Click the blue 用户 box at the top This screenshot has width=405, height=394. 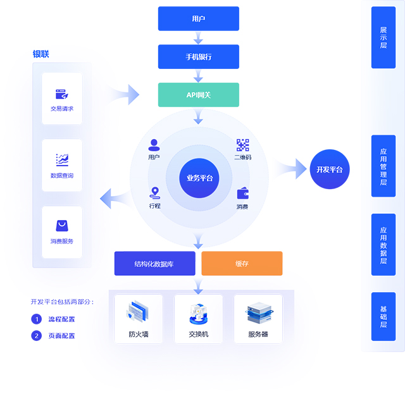click(x=199, y=19)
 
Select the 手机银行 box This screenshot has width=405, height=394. click(x=199, y=57)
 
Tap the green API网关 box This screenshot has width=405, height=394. click(x=199, y=95)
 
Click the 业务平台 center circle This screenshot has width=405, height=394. click(x=199, y=178)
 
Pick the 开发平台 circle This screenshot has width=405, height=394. click(x=330, y=169)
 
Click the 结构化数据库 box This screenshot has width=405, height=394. click(x=154, y=263)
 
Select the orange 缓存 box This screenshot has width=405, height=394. click(x=242, y=263)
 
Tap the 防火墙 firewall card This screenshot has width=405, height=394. click(x=138, y=319)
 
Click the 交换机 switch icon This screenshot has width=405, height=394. click(x=198, y=313)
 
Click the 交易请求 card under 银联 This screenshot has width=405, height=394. click(x=62, y=99)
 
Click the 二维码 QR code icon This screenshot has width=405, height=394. click(x=242, y=145)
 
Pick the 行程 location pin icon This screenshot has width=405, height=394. click(x=155, y=193)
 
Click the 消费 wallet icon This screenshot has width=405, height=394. click(x=242, y=194)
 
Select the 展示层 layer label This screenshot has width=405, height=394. click(x=383, y=37)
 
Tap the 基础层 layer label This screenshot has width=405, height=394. click(x=383, y=316)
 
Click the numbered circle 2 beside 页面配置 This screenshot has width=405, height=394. click(x=36, y=336)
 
